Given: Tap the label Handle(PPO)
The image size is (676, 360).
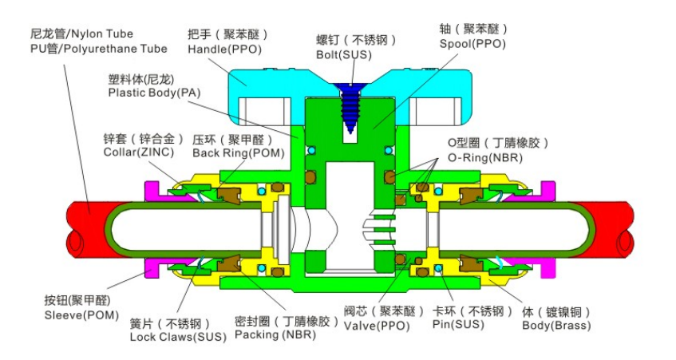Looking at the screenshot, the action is coord(224,49).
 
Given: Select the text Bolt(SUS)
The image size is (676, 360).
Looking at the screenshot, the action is coord(344,55).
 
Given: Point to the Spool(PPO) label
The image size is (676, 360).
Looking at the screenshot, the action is coord(472,44).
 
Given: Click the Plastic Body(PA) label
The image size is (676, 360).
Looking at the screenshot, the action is coord(154,93).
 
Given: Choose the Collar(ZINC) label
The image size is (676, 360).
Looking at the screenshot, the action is coord(139,152).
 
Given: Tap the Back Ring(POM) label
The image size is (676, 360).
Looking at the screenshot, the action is coord(239,153).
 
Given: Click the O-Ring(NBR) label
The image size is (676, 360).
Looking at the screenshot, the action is coord(485,158).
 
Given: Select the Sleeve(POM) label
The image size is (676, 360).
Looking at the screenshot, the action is coord(81,315).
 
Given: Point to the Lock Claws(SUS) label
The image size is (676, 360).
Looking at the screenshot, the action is coord(178,337).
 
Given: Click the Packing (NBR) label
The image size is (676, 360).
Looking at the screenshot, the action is coord(275,334).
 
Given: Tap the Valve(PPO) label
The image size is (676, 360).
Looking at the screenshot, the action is coord(377,326).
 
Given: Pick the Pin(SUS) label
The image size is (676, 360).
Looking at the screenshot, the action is coord(458,324).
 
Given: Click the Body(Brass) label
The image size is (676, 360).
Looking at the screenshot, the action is coord(556,325).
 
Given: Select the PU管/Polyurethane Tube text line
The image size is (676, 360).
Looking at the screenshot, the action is coord(99,49).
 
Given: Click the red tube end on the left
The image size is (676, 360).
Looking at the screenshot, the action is coord(89,229).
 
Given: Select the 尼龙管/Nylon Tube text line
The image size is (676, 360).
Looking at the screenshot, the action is coord(81,34).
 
